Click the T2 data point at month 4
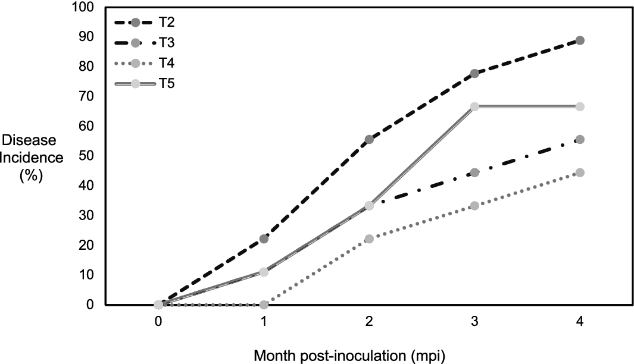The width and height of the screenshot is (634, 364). click(580, 40)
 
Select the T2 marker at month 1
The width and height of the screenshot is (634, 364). click(264, 239)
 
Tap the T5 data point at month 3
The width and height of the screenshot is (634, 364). click(474, 106)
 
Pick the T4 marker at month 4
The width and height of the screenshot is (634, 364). click(580, 172)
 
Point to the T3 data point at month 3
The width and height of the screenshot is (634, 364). click(474, 172)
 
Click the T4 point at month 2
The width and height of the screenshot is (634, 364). click(369, 239)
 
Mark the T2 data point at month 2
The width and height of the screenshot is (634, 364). click(369, 139)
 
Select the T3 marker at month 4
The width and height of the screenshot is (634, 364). click(580, 139)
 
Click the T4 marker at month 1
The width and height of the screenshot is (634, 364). click(264, 305)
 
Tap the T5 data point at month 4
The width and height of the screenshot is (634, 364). click(580, 106)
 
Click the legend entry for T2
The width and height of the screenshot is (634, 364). click(166, 23)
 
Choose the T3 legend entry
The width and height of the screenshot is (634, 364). click(166, 43)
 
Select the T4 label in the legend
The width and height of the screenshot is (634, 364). click(166, 63)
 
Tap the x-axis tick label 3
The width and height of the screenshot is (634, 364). click(474, 321)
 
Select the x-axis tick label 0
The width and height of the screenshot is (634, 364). click(158, 321)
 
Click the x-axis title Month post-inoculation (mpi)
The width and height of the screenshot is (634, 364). click(350, 355)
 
